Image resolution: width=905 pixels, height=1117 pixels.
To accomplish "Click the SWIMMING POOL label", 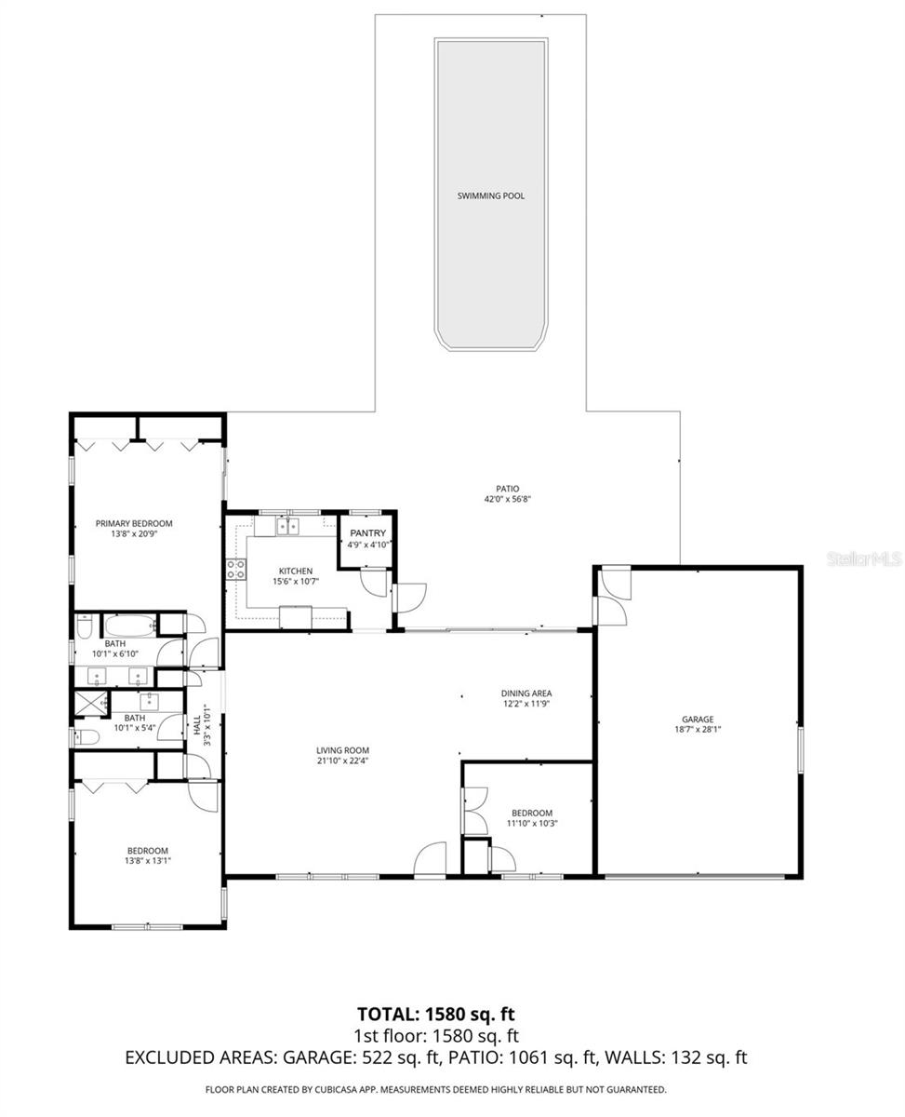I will point(490,196).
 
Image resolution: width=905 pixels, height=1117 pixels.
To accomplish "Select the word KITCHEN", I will point(296,571).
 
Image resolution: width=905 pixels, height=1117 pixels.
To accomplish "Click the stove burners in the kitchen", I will point(235,569).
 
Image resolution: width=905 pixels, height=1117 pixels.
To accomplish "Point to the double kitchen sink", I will point(288,528).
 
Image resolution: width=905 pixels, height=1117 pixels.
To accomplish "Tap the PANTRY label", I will point(367,533).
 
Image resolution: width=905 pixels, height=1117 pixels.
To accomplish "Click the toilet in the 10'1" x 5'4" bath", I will point(86,737).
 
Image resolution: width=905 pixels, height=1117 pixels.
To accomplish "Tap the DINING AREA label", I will point(526,693).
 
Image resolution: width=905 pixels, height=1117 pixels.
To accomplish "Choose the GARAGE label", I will point(698,719).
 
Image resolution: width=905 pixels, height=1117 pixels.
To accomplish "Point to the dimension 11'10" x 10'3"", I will point(531,824).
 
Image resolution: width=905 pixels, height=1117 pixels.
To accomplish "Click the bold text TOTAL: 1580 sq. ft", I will point(435,1014).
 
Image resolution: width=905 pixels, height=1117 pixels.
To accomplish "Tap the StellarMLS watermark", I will point(865,559).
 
